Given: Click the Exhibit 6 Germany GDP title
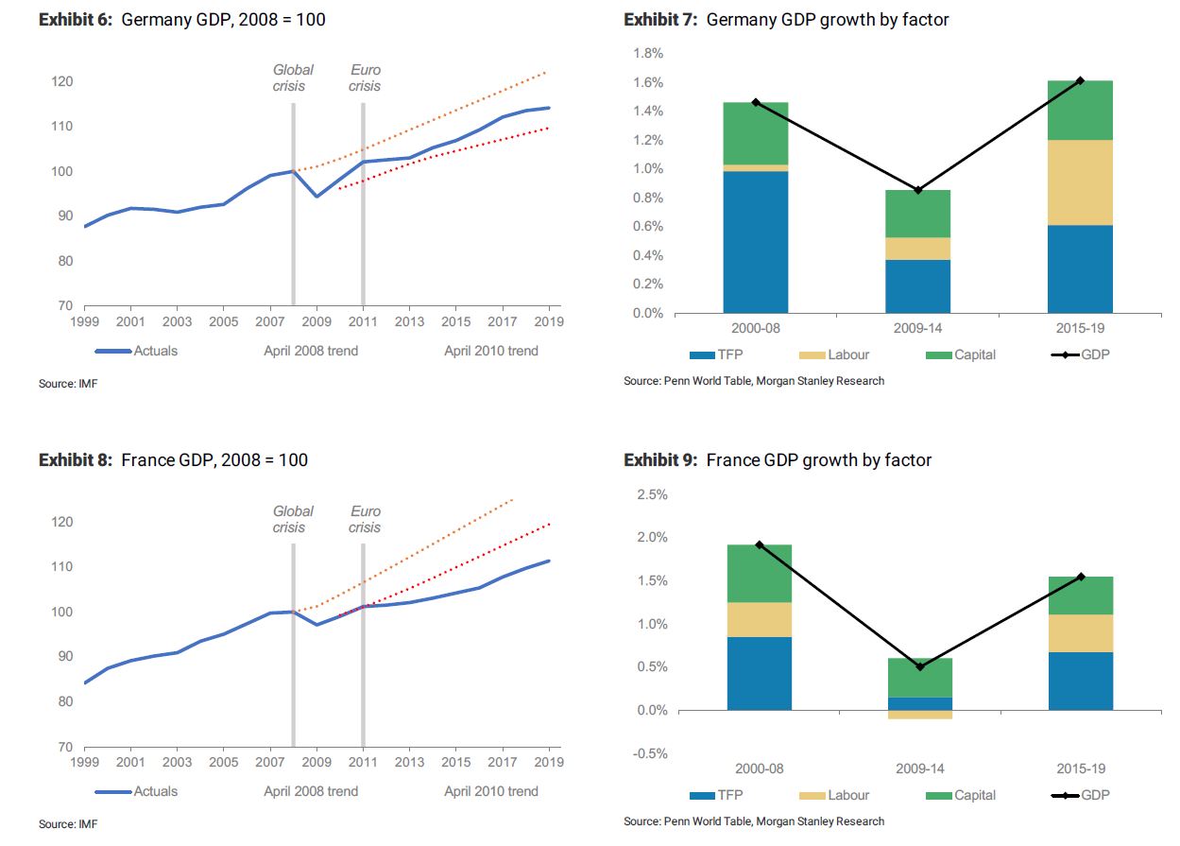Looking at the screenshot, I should pos(181,20).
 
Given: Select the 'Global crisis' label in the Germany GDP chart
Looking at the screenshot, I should pos(292,78).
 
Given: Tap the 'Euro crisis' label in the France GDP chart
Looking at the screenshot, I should pos(365,519).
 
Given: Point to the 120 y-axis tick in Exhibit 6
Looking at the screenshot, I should pos(61,81).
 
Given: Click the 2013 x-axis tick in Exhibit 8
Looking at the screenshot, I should pos(408,762).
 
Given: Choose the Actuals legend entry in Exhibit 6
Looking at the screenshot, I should pos(136,351).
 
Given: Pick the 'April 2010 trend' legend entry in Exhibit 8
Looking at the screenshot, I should pos(490,791).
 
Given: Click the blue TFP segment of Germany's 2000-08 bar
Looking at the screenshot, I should pos(756,241).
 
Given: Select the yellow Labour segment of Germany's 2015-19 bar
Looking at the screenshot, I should pos(1080,182).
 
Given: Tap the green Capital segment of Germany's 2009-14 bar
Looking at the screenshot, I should pos(917,214).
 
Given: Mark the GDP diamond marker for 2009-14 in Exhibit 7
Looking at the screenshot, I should pos(917,190).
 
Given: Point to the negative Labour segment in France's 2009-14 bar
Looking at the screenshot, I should pos(920,715).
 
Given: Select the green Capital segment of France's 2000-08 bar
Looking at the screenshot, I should pos(759,573).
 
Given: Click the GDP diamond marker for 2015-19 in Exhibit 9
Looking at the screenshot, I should pos(1081,577).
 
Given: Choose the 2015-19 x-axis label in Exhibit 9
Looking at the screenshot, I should pos(1081,768).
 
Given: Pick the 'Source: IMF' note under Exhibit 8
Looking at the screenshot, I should pos(68,823).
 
